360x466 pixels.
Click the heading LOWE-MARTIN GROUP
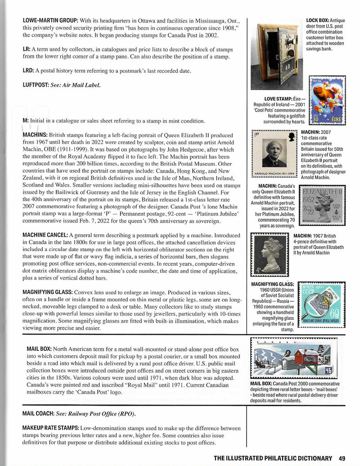[50, 21]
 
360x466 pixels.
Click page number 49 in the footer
[342, 458]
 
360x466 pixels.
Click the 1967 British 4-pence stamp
[270, 255]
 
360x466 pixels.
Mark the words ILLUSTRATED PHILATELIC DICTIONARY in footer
[273, 458]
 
